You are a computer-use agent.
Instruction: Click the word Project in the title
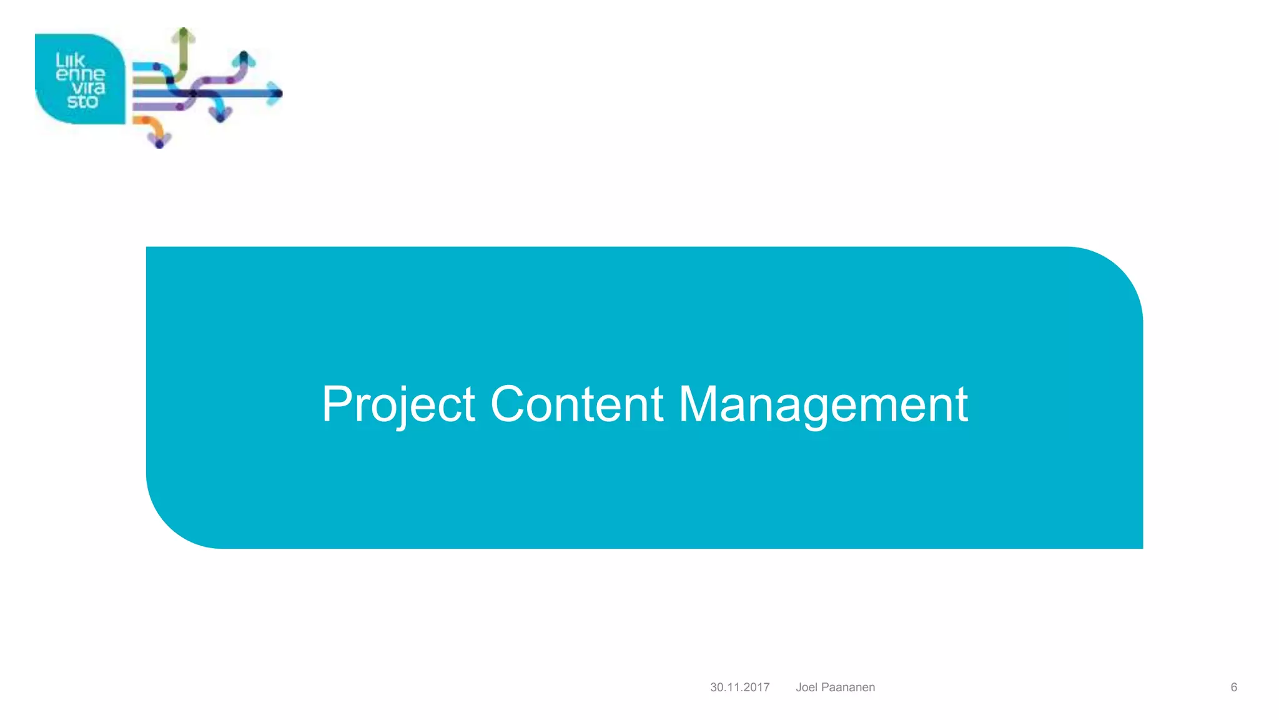pos(398,404)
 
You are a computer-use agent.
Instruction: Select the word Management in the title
pos(823,404)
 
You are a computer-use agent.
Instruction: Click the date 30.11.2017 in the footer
pos(739,687)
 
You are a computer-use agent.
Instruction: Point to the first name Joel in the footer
pos(806,687)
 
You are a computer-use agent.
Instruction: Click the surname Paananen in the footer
pos(847,687)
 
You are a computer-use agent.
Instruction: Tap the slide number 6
pos(1233,687)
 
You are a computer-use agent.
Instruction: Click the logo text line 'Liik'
pos(70,61)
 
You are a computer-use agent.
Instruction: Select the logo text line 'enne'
pos(81,74)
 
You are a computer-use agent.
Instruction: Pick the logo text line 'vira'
pos(88,88)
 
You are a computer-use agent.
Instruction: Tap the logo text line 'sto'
pos(82,102)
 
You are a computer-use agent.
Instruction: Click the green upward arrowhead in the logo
pos(184,35)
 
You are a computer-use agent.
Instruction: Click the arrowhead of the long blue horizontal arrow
pos(275,94)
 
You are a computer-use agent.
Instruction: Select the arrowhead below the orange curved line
pos(159,141)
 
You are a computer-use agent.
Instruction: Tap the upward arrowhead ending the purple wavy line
pos(244,60)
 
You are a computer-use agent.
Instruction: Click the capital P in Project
pos(337,404)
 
